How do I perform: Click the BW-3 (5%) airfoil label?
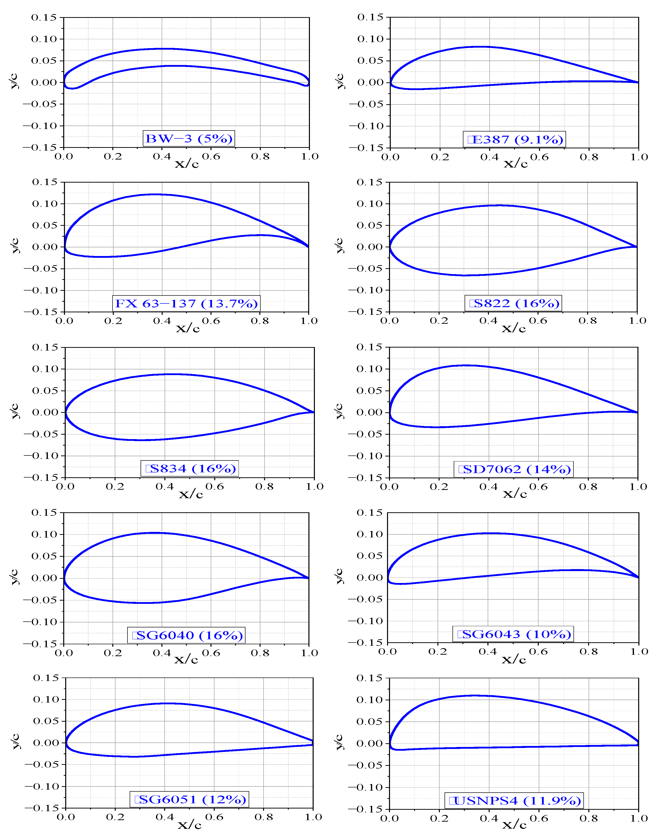(x=189, y=138)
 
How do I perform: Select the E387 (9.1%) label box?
(x=514, y=139)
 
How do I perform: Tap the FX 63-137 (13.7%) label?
(x=186, y=303)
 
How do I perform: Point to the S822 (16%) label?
(x=513, y=303)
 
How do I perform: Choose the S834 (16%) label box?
(x=190, y=469)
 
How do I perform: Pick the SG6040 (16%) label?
(x=186, y=635)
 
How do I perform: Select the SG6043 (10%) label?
(x=513, y=634)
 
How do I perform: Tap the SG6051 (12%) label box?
(x=189, y=799)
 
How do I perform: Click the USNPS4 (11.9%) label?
(x=514, y=800)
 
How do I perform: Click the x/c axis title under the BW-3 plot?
(x=187, y=163)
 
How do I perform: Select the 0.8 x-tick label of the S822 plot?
(x=587, y=321)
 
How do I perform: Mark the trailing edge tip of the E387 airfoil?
(x=638, y=82)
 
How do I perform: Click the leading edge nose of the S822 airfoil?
(x=390, y=247)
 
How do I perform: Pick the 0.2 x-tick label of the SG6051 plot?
(x=115, y=817)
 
